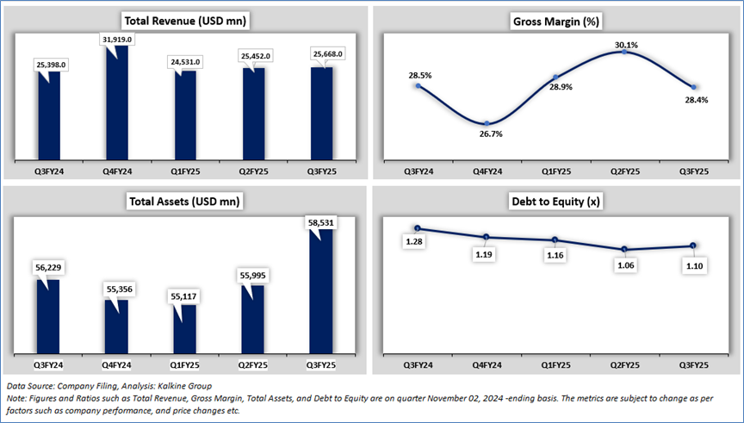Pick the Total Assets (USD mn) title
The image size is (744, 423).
182,202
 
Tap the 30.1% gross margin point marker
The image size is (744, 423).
625,52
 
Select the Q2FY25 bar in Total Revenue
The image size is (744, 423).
253,112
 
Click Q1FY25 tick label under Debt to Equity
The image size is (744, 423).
555,365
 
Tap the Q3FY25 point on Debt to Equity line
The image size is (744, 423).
695,246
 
